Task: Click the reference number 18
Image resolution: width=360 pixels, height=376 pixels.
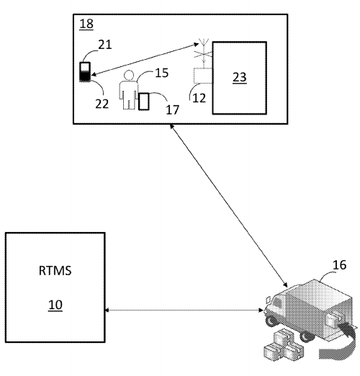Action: [x=86, y=24]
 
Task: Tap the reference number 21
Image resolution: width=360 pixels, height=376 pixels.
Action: [x=105, y=45]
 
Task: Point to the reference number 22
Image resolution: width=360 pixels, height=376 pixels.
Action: [x=102, y=104]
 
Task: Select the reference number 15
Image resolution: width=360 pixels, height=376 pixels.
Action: [x=162, y=73]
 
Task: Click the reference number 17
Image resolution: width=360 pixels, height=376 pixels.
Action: [x=173, y=109]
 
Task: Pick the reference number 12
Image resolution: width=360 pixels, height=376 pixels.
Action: [x=199, y=98]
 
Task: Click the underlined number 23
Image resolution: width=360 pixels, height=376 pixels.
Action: [x=240, y=77]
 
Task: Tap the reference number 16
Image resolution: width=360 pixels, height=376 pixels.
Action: [x=339, y=265]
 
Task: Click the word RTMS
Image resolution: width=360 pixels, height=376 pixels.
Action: [x=55, y=271]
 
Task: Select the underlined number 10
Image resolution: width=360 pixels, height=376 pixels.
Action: [x=55, y=305]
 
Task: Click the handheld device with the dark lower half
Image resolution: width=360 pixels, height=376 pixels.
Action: [x=85, y=72]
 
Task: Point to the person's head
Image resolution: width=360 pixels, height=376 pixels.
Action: [x=129, y=75]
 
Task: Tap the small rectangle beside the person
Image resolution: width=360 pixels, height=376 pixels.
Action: [x=144, y=102]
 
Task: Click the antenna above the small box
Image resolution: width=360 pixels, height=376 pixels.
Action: [x=203, y=53]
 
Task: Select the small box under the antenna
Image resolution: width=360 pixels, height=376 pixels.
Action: [x=203, y=76]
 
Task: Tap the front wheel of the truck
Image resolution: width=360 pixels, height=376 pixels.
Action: [x=271, y=321]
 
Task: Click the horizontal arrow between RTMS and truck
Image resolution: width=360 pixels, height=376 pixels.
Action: [x=184, y=310]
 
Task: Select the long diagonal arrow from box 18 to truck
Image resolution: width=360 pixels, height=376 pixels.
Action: [x=229, y=205]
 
